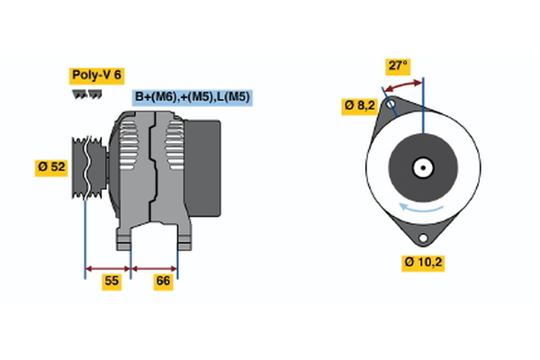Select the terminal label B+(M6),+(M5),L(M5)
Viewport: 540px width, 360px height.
point(192,97)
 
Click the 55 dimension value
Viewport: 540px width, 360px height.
point(111,282)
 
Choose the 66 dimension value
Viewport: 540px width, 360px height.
point(164,282)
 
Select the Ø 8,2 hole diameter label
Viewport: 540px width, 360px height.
point(360,105)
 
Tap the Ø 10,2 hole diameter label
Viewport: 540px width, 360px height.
point(423,263)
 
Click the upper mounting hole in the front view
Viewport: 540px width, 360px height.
point(391,105)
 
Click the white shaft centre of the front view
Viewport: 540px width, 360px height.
point(422,167)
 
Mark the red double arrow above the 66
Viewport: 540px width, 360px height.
point(155,267)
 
